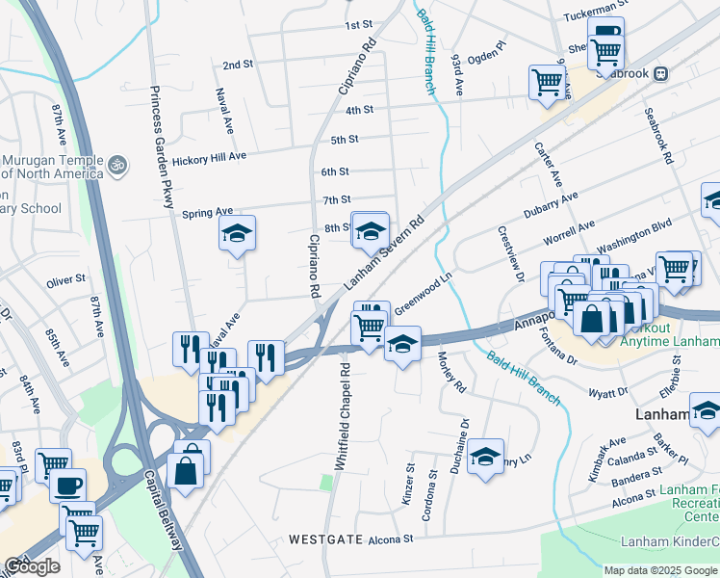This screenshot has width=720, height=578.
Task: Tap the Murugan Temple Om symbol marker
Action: click(x=117, y=165)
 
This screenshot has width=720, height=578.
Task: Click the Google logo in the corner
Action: click(x=32, y=566)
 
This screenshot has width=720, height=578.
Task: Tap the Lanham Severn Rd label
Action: click(x=385, y=254)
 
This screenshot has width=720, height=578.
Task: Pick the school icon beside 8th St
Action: click(x=370, y=230)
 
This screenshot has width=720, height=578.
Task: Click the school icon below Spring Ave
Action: click(x=237, y=233)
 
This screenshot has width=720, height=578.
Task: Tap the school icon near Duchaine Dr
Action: click(x=486, y=455)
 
